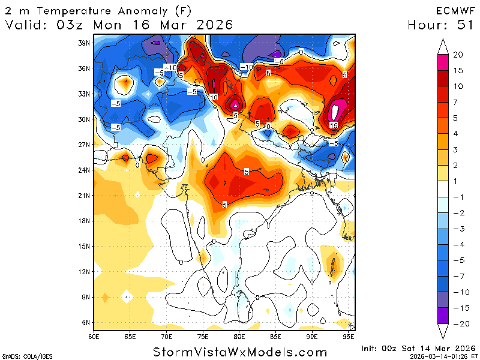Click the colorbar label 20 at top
click(x=458, y=55)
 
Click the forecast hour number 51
click(x=464, y=25)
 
